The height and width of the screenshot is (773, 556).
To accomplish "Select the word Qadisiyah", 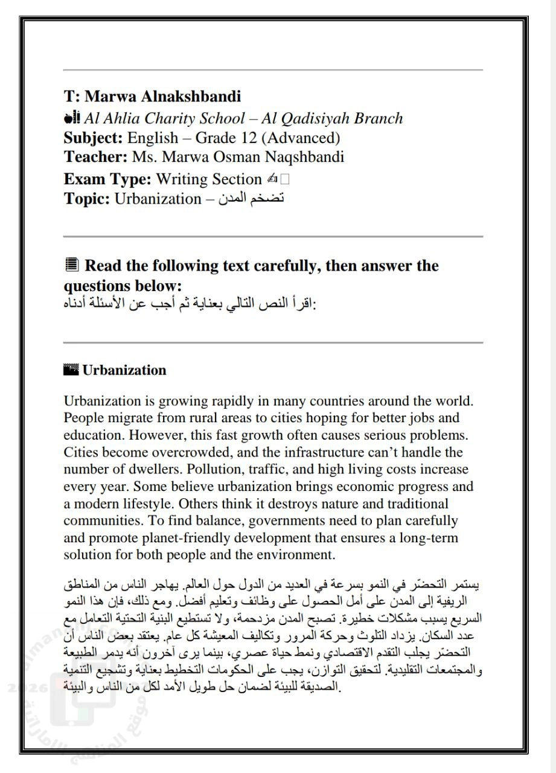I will [x=315, y=118].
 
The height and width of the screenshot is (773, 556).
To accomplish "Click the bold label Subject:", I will [x=94, y=138].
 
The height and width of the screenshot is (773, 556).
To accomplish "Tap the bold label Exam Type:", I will [x=107, y=179].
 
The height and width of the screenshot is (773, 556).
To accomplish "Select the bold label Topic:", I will [x=87, y=198].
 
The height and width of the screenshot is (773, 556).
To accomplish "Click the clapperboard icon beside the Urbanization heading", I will [x=71, y=370].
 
